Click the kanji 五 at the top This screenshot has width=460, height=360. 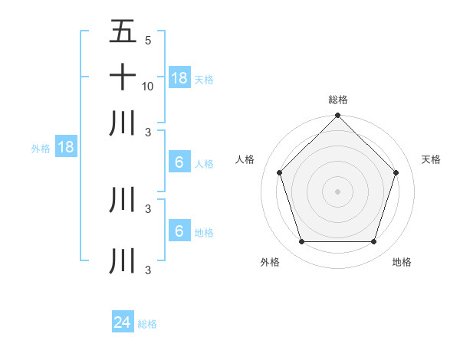pyautogui.click(x=123, y=32)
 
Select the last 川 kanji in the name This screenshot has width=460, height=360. pyautogui.click(x=123, y=260)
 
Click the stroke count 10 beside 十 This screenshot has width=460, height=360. pyautogui.click(x=148, y=86)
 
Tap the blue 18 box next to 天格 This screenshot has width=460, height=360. pyautogui.click(x=179, y=78)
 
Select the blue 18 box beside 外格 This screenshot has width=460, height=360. pyautogui.click(x=66, y=148)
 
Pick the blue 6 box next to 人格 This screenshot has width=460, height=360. pyautogui.click(x=179, y=162)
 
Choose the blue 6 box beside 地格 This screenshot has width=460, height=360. pyautogui.click(x=179, y=231)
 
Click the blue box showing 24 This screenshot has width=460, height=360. pyautogui.click(x=123, y=323)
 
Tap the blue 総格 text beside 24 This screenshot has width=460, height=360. pyautogui.click(x=147, y=324)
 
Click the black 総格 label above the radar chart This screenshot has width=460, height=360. pyautogui.click(x=338, y=100)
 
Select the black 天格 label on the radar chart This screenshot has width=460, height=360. pyautogui.click(x=431, y=159)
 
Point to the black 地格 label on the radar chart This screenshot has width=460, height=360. pyautogui.click(x=402, y=262)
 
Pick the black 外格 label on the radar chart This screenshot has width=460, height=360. pyautogui.click(x=270, y=262)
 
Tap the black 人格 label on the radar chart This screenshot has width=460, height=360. pyautogui.click(x=245, y=159)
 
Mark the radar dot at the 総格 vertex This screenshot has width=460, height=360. pyautogui.click(x=337, y=116)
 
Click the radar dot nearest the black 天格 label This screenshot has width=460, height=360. pyautogui.click(x=396, y=172)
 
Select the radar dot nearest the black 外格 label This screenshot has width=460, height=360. pyautogui.click(x=301, y=242)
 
